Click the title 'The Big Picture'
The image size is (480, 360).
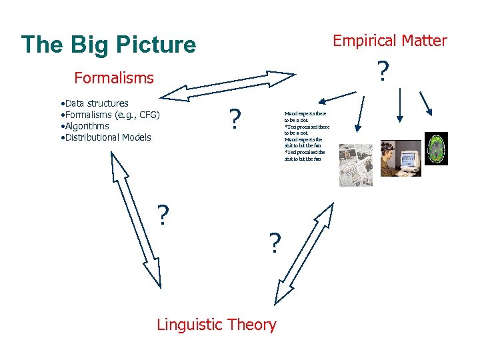pos(109,45)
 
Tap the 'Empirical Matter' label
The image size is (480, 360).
pos(390,41)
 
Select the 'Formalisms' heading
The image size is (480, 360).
pos(114,78)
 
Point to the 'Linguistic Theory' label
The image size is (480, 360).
pos(216,325)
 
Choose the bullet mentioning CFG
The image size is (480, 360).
pos(110,115)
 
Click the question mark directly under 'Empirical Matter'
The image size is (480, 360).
pos(382,72)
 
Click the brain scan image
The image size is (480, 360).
pos(436,149)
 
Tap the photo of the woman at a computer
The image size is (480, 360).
pos(400,158)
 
